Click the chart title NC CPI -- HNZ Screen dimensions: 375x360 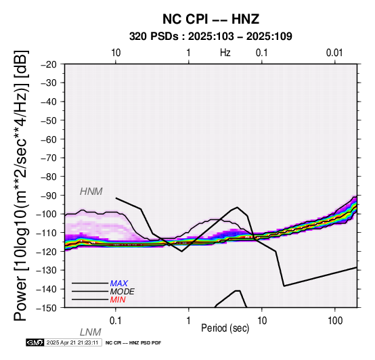point(211,19)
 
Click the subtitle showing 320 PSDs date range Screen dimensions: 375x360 point(211,37)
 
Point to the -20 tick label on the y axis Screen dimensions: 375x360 point(49,64)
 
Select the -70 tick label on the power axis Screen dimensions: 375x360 point(49,158)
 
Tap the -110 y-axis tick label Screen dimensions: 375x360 point(47,233)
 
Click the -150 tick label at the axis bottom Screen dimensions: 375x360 point(47,308)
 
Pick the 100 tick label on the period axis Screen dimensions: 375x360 point(335,321)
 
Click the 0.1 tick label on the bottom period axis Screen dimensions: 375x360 point(115,321)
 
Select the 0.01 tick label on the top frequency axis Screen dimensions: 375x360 point(334,53)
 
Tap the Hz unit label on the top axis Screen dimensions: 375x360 point(225,53)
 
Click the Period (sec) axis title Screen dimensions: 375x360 point(225,328)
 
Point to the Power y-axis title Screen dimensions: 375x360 point(21,185)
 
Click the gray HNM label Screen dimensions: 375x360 point(91,192)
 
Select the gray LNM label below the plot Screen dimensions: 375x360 point(91,332)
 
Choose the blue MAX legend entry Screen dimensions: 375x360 point(119,284)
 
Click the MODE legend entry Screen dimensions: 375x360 point(123,292)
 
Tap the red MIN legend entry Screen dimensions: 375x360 point(118,300)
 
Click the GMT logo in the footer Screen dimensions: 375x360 point(35,342)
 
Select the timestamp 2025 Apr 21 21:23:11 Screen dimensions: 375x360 point(72,342)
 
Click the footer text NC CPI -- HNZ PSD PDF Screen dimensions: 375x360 point(133,343)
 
